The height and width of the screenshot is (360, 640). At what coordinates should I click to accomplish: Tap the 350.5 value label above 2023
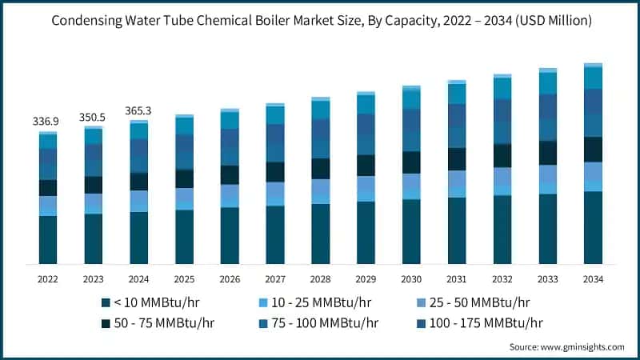click(94, 117)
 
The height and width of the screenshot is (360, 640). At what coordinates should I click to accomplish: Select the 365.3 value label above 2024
click(139, 111)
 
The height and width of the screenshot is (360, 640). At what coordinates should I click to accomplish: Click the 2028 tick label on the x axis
click(321, 279)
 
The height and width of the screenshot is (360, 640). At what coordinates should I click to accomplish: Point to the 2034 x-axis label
click(593, 279)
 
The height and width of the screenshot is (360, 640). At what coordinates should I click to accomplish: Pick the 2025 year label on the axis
click(185, 279)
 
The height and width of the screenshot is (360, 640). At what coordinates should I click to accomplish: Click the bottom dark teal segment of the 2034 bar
click(593, 228)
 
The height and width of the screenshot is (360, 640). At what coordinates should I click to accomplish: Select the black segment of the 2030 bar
click(411, 162)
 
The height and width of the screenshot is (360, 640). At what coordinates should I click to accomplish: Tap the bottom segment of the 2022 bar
click(48, 240)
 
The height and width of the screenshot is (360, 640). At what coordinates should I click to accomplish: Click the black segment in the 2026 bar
click(230, 175)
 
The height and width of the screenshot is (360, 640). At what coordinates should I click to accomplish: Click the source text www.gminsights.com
click(582, 346)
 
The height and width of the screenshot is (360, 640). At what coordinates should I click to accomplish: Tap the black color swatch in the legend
click(106, 323)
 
